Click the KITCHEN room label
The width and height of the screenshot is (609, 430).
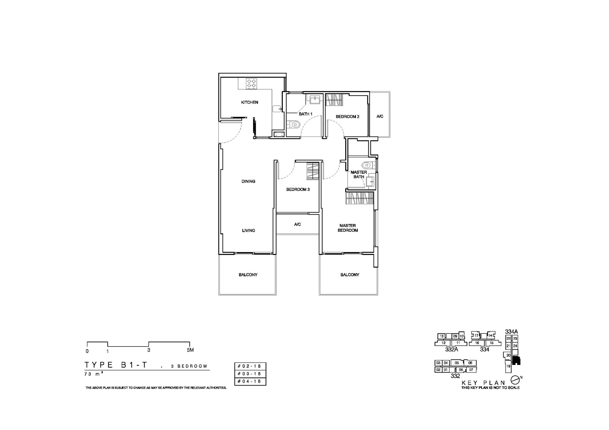coord(249,102)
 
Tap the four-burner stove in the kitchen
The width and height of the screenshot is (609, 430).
coord(251,84)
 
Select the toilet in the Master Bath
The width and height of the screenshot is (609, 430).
coord(367,165)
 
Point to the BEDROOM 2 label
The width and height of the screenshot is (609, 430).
coord(348,117)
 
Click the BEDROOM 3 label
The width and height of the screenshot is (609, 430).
coord(298,190)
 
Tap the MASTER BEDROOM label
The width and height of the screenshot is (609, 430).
coord(348,228)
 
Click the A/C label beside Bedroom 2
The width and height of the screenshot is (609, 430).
coord(380,116)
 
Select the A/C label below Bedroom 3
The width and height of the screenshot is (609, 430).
coord(297,225)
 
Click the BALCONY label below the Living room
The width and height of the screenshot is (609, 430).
coord(248,275)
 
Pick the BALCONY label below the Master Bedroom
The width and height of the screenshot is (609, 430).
coord(349,275)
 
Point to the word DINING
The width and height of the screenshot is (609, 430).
coord(248,182)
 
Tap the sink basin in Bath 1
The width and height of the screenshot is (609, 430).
coord(315,100)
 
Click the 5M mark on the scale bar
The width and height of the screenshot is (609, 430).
coord(190,350)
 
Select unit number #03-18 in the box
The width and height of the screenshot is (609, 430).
coord(250,374)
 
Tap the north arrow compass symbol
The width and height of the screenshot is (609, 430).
coord(515,380)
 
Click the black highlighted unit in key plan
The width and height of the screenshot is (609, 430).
coord(516,360)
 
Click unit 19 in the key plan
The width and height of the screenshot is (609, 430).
coord(508,366)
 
